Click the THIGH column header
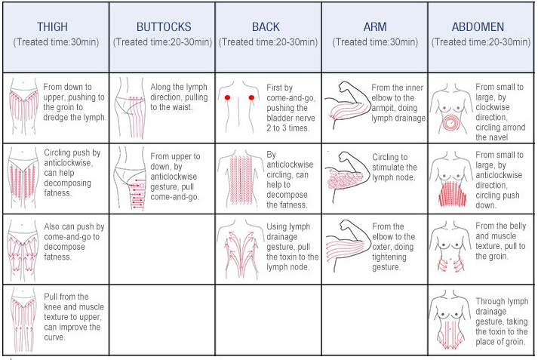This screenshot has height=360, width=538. coord(52,27)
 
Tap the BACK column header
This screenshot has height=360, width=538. coord(266,27)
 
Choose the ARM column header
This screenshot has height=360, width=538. coord(374,27)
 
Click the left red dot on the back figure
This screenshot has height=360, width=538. coord(227,98)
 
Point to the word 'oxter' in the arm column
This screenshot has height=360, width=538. coord(384,247)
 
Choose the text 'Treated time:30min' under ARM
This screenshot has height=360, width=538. coord(374,42)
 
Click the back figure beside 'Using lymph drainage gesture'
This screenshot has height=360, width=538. coord(242,250)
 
